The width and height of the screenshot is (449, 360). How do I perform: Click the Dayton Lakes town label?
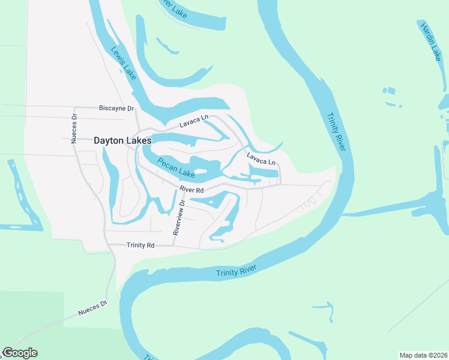pos(122,140)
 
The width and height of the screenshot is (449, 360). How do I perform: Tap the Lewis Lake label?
pos(123,62)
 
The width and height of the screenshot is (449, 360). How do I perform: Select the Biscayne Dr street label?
pos(116,109)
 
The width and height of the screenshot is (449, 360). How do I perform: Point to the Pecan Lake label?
pos(176,167)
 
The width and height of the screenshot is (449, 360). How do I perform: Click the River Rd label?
pos(192,190)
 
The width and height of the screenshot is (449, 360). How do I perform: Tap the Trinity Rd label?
pos(140,245)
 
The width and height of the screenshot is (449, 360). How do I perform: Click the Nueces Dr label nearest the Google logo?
pos(92,308)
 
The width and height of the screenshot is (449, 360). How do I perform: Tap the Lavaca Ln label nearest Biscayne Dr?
pos(194,124)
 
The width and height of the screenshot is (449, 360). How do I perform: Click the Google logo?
pos(20,353)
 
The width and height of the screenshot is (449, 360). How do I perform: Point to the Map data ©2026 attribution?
pos(423,355)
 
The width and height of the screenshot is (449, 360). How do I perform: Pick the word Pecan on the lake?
pos(167,163)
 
